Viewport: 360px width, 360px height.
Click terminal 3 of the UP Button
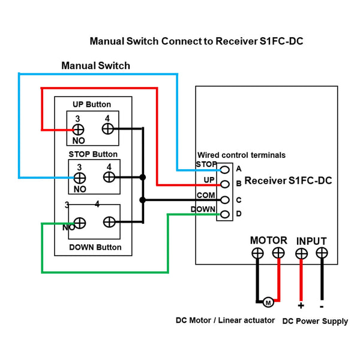[x=78, y=130]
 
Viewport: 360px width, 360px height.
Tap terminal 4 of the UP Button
[x=107, y=128]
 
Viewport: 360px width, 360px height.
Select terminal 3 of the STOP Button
[x=80, y=178]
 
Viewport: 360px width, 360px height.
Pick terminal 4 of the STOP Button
[x=109, y=177]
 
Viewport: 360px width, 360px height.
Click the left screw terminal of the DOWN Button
[x=80, y=223]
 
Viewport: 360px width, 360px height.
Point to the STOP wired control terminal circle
[x=225, y=170]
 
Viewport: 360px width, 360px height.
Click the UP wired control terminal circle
[x=225, y=184]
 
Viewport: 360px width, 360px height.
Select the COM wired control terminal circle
[x=225, y=200]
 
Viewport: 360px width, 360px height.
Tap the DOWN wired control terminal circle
[x=225, y=214]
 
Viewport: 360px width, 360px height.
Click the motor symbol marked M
[x=268, y=302]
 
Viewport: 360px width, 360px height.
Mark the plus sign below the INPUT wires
[x=301, y=305]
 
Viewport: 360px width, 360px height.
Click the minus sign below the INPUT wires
[x=322, y=307]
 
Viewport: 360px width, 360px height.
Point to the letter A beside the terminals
[x=239, y=169]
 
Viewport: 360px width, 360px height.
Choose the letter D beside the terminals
[x=239, y=214]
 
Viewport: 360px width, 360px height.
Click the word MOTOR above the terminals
[x=269, y=241]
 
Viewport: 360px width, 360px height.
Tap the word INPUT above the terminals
[x=311, y=241]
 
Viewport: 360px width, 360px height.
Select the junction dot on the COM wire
[x=143, y=200]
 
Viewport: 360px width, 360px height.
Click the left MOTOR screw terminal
[x=257, y=253]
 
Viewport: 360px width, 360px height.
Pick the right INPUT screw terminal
[x=322, y=253]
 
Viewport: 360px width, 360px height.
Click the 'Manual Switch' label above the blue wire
[x=96, y=65]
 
